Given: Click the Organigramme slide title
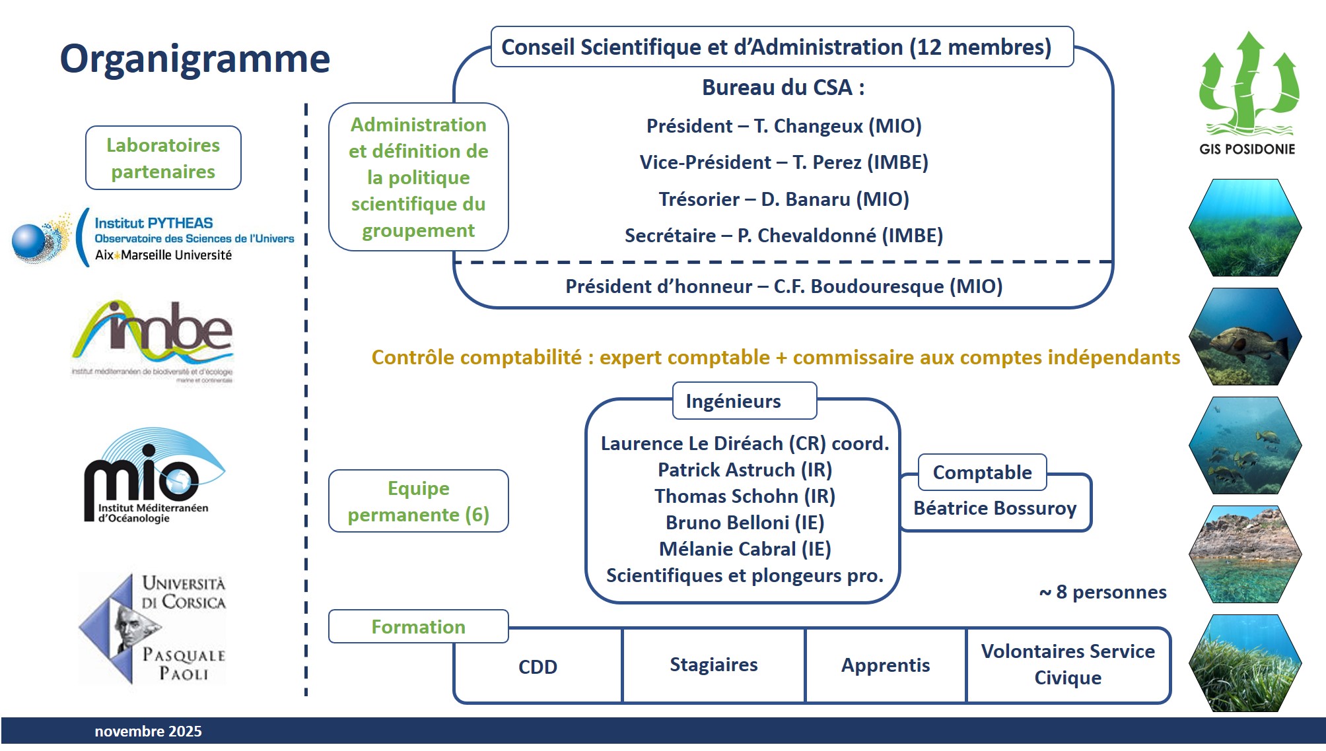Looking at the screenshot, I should click(195, 59).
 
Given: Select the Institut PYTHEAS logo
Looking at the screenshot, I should click(153, 238).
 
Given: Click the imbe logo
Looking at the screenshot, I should click(153, 341).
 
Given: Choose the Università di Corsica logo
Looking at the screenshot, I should click(153, 628).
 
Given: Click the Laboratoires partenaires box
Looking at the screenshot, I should click(163, 158).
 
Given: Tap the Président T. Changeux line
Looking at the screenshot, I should click(784, 126).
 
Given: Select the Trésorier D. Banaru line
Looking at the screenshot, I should click(784, 199).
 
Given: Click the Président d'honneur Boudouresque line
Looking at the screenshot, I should click(784, 286).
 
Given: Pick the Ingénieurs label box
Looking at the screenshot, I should click(744, 401).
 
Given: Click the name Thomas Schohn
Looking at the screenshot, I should click(744, 496).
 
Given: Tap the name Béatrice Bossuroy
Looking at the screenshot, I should click(994, 509).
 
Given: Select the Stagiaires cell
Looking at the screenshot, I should click(713, 665).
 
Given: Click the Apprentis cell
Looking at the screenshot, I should click(885, 665).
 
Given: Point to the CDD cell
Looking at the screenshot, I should click(538, 667).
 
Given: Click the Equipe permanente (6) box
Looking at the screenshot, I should click(419, 502).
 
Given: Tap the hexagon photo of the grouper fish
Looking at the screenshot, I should click(1245, 337).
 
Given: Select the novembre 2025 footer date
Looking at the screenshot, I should click(148, 731).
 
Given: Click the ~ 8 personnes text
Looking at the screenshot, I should click(1103, 593).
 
